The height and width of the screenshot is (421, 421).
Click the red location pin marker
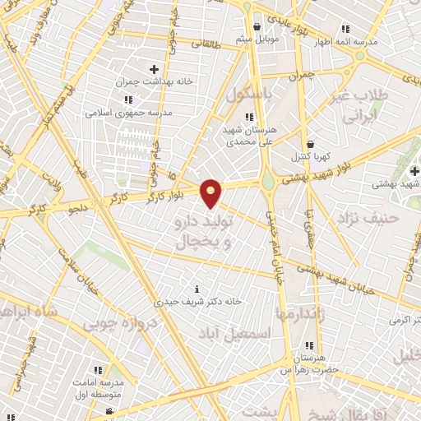(x=211, y=191)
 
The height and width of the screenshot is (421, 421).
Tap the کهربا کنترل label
(x=310, y=155)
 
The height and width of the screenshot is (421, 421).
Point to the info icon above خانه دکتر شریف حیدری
(x=197, y=289)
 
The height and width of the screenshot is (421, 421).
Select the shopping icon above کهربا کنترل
(x=309, y=142)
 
